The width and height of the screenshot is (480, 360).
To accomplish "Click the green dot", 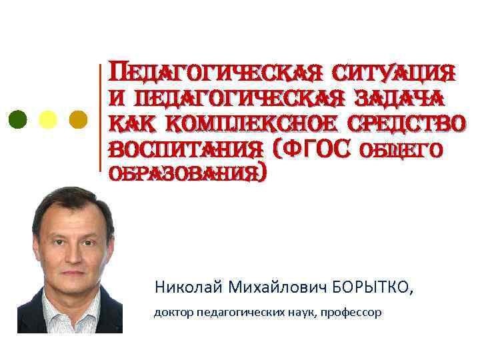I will click(19, 119).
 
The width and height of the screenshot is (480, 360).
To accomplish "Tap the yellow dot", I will click(49, 119).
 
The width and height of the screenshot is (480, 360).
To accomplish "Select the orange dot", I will click(79, 119).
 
